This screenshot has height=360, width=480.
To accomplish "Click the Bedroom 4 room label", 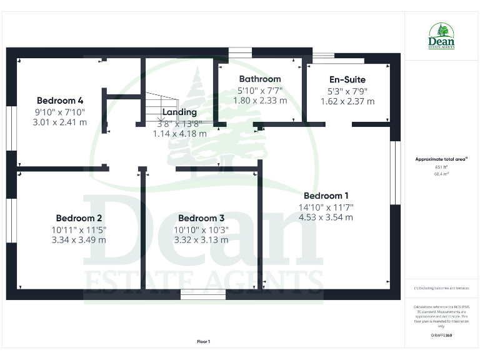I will (60, 101).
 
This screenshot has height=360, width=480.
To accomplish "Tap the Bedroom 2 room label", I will (79, 218).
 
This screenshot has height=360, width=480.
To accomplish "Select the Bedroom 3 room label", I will (201, 218).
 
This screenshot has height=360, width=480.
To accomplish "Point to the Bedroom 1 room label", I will (326, 196).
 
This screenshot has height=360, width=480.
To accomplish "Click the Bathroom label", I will (260, 79).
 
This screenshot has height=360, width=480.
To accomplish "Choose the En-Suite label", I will (347, 80).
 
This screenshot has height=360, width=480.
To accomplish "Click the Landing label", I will (179, 112).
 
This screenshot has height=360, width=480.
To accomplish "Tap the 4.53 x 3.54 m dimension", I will (326, 217).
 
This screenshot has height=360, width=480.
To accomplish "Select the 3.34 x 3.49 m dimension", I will (79, 240).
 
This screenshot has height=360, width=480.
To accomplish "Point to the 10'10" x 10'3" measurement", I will (201, 229).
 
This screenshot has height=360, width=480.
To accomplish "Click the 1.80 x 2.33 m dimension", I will (260, 100).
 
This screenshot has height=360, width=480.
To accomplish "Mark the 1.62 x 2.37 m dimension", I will (347, 101).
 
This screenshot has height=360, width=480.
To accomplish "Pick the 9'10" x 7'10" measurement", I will (60, 112).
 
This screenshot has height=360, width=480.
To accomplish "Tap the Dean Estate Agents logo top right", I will (441, 36).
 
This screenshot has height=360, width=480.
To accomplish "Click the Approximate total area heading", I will (441, 159).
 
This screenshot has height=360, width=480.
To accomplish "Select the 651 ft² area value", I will (441, 167).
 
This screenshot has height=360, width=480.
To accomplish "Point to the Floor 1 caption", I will (204, 342).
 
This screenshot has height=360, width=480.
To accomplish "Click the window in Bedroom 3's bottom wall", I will (203, 294).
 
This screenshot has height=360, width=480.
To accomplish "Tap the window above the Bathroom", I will (238, 53).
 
